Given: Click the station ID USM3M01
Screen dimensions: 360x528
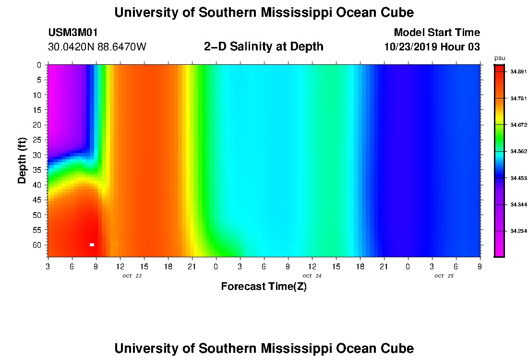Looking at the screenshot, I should click(73, 33).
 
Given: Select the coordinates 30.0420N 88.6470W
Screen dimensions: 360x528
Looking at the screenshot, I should click(97, 47).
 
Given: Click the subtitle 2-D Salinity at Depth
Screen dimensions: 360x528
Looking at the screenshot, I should click(264, 47).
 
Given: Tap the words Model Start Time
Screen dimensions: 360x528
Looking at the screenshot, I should click(436, 33).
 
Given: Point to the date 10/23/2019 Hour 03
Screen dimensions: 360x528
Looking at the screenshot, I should click(432, 47).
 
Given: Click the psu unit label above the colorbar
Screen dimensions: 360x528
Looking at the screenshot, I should click(499, 58).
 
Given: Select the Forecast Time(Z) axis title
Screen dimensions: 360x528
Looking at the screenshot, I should click(264, 287).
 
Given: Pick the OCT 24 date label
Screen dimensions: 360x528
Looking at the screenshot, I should click(312, 276).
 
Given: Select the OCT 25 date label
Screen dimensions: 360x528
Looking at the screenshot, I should click(444, 276).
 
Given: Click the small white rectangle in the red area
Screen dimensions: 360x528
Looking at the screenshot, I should click(92, 245).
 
